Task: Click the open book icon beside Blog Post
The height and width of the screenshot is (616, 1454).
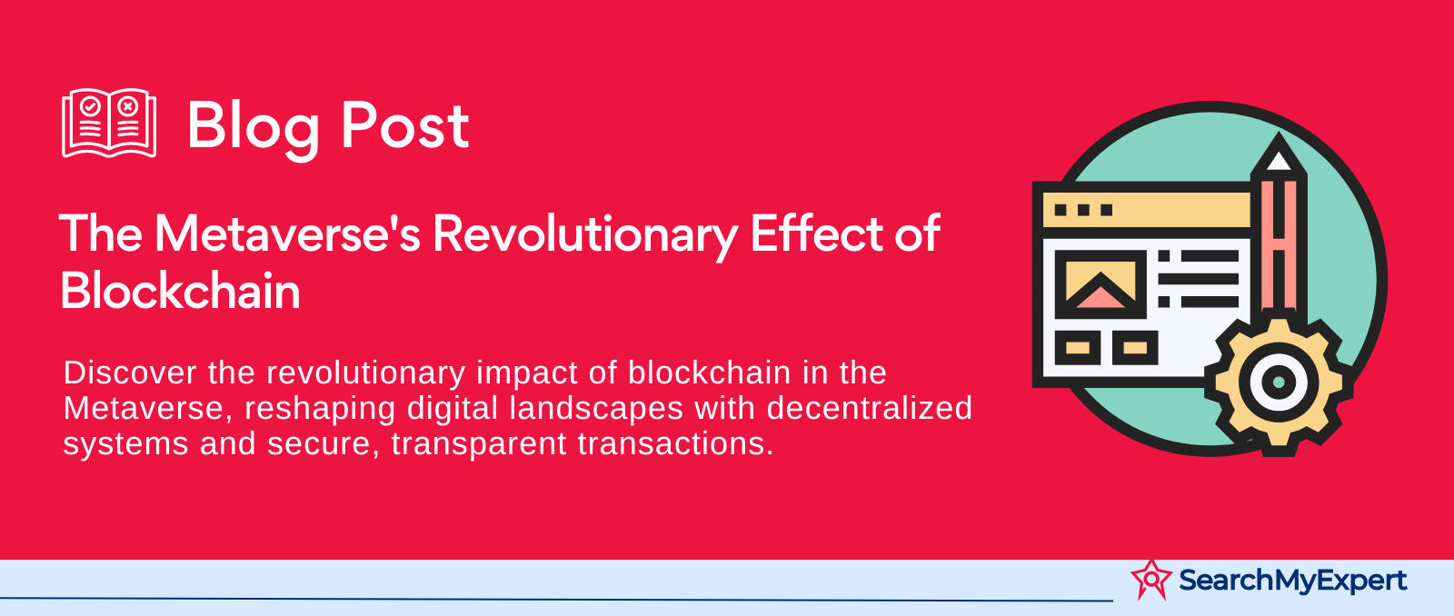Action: point(109,123)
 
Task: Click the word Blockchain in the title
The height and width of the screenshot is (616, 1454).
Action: point(181,290)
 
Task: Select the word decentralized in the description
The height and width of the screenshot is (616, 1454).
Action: point(869,408)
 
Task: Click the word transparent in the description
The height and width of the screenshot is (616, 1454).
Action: point(479,444)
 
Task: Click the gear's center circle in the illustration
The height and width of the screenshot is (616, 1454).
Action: point(1278,381)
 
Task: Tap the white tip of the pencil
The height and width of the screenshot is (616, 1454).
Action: point(1278,160)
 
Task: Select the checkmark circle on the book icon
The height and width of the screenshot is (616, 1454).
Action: point(90,105)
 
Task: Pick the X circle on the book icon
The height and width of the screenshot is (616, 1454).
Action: point(128,105)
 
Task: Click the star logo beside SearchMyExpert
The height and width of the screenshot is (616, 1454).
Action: point(1151,580)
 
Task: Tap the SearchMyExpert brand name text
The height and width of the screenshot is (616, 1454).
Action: point(1292,581)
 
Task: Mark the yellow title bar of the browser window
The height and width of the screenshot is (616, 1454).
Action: point(1146,210)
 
